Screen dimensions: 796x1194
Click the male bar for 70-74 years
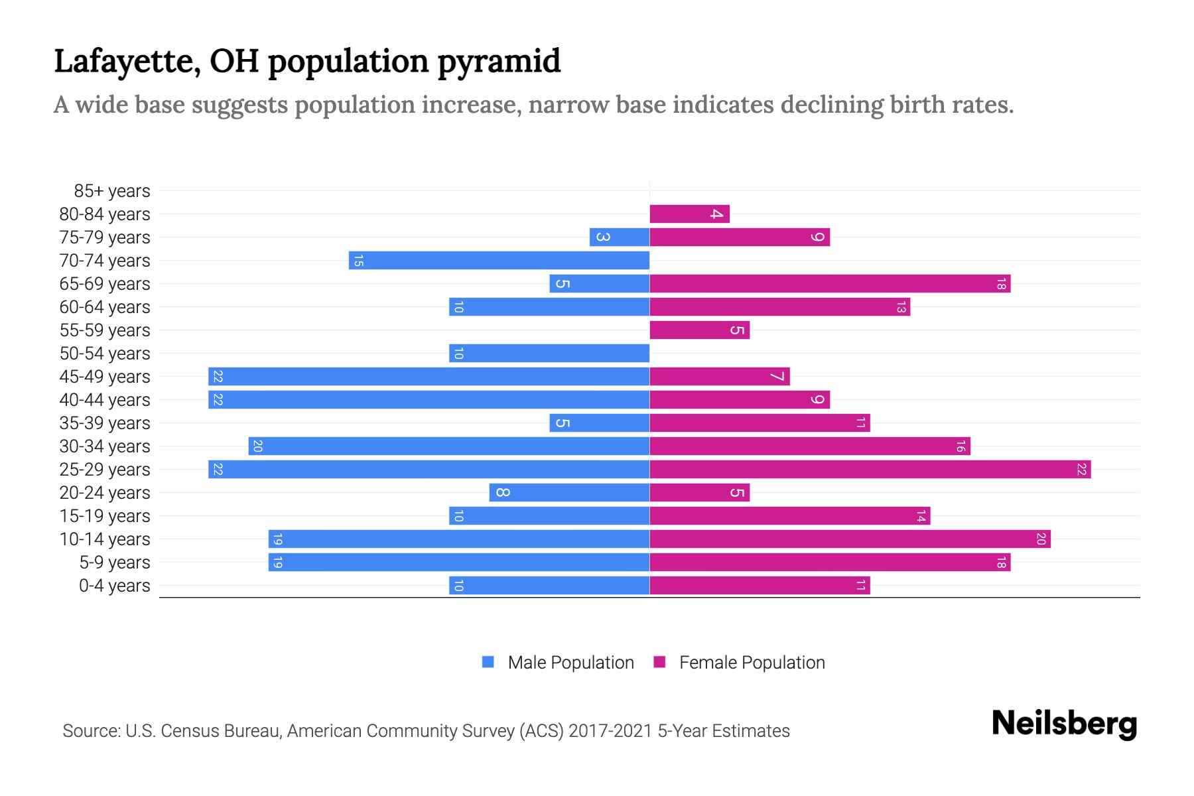[x=499, y=261]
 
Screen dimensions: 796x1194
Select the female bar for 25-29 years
[x=870, y=470]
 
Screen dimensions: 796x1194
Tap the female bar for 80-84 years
[x=689, y=214]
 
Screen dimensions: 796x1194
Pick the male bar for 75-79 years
[x=619, y=237]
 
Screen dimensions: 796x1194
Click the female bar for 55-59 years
[x=699, y=330]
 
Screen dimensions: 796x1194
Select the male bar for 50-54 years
[x=549, y=354]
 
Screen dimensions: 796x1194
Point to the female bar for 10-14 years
[x=850, y=539]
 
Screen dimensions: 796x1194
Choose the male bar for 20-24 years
[x=569, y=493]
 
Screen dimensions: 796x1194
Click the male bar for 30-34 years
[x=449, y=446]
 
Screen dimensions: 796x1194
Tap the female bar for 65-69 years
[x=830, y=284]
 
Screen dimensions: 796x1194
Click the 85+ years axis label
[x=111, y=191]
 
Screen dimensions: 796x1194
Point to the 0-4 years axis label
[x=114, y=586]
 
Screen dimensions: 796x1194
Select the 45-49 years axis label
[x=105, y=377]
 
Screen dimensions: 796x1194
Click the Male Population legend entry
[x=570, y=663]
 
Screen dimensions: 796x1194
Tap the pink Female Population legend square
[x=659, y=662]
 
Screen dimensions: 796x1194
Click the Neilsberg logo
[x=1064, y=724]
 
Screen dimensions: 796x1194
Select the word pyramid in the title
[x=499, y=62]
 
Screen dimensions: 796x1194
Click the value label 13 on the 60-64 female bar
[x=901, y=307]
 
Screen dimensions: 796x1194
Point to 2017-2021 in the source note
[x=610, y=731]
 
